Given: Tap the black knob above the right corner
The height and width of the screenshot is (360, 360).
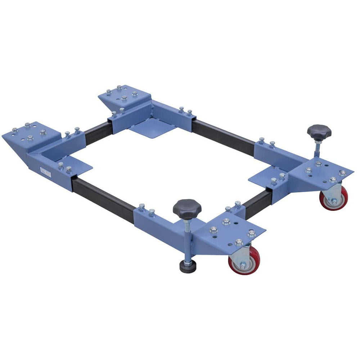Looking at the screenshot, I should coord(319,131).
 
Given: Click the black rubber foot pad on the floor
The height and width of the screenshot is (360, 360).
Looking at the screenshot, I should coord(188,266).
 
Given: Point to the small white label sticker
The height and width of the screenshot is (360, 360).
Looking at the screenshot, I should coord(46,172).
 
